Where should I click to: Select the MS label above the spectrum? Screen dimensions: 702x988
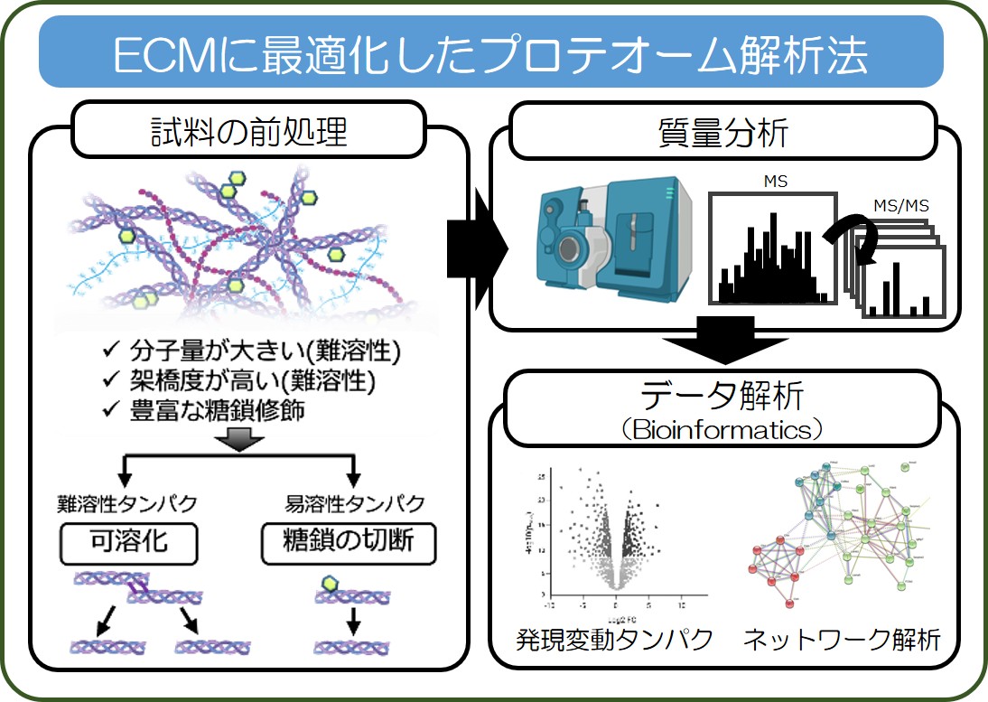[775, 182]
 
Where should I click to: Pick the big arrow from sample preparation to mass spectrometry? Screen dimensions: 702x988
[477, 245]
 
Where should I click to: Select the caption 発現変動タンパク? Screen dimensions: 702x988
[615, 640]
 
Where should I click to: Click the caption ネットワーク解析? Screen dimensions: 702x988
[842, 640]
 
